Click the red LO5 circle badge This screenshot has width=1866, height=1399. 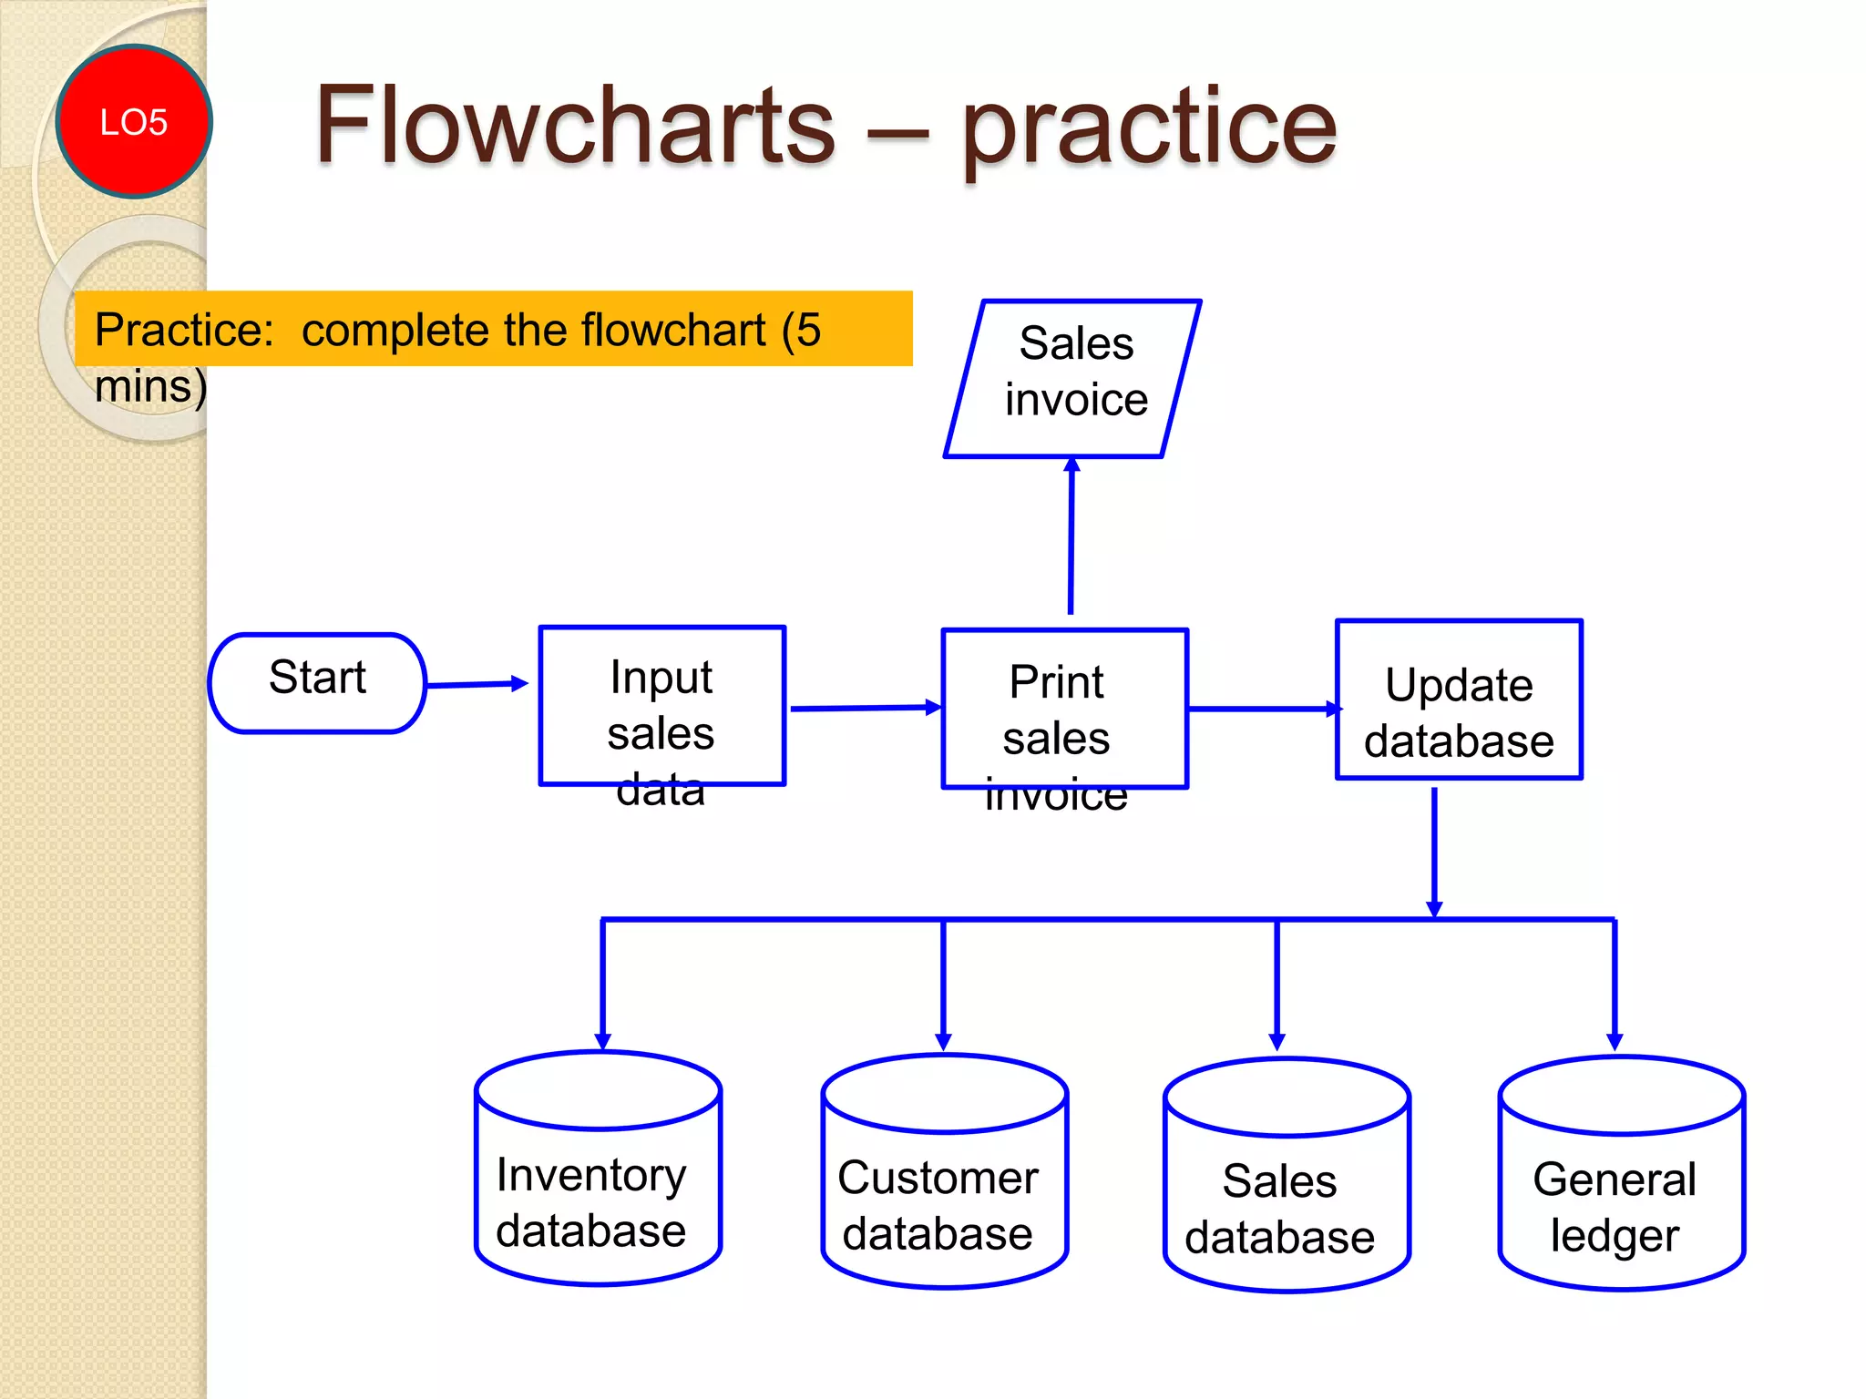click(x=134, y=121)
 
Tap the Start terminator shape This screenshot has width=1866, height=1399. click(x=317, y=682)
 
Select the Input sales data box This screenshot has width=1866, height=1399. click(x=662, y=706)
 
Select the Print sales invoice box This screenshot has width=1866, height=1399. click(x=1064, y=709)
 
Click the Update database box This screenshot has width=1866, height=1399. click(x=1459, y=699)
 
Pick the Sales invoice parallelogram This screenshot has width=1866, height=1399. click(x=1073, y=378)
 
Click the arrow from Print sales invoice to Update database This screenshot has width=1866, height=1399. click(x=1263, y=709)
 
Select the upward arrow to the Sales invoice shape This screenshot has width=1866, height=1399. click(x=1071, y=537)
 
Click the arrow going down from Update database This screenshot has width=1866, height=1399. click(x=1434, y=852)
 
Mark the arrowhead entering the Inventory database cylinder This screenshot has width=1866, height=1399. click(x=602, y=1040)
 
